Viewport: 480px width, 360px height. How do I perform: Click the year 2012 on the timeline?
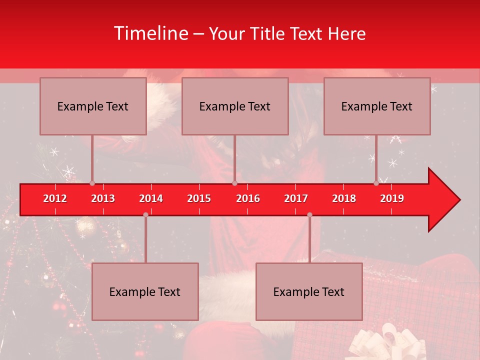click(x=55, y=198)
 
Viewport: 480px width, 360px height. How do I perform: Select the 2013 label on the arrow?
click(x=103, y=198)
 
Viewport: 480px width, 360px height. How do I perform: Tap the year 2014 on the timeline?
click(x=151, y=198)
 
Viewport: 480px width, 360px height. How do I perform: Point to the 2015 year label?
click(x=199, y=198)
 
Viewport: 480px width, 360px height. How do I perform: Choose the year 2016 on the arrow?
click(x=248, y=198)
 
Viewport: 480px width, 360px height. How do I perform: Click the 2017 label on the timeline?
click(x=296, y=198)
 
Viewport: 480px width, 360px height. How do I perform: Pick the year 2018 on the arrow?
click(x=344, y=198)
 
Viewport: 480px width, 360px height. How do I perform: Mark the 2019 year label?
click(x=392, y=198)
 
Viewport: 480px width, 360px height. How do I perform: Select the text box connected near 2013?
click(x=93, y=106)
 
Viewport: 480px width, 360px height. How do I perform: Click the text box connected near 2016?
click(x=235, y=106)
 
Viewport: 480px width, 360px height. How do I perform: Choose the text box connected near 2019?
click(x=377, y=106)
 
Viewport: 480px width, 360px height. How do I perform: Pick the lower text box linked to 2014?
click(x=145, y=291)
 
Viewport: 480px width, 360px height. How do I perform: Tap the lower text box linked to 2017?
click(x=309, y=291)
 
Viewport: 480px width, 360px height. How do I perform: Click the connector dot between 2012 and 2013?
click(x=92, y=183)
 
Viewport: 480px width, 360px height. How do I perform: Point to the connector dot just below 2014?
click(x=145, y=214)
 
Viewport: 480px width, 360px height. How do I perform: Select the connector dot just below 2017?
click(x=309, y=214)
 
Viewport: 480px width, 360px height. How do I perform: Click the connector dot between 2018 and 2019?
click(x=376, y=183)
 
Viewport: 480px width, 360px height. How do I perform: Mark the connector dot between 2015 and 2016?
click(x=234, y=183)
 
